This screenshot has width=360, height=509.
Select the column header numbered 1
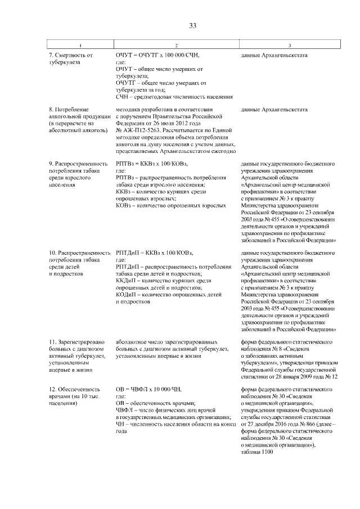[x=80, y=45]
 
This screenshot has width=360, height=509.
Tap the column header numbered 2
[x=176, y=45]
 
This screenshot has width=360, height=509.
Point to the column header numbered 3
[x=289, y=45]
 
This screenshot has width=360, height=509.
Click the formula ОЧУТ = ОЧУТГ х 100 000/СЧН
[x=157, y=56]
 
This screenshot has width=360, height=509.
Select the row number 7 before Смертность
[x=51, y=56]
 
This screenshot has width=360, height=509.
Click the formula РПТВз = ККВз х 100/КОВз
[x=151, y=164]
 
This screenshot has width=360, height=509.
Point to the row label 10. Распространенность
[x=79, y=253]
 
